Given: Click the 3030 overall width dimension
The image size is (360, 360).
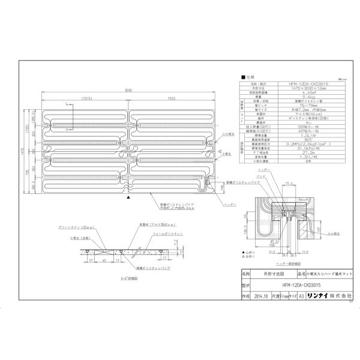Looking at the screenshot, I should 128,90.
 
